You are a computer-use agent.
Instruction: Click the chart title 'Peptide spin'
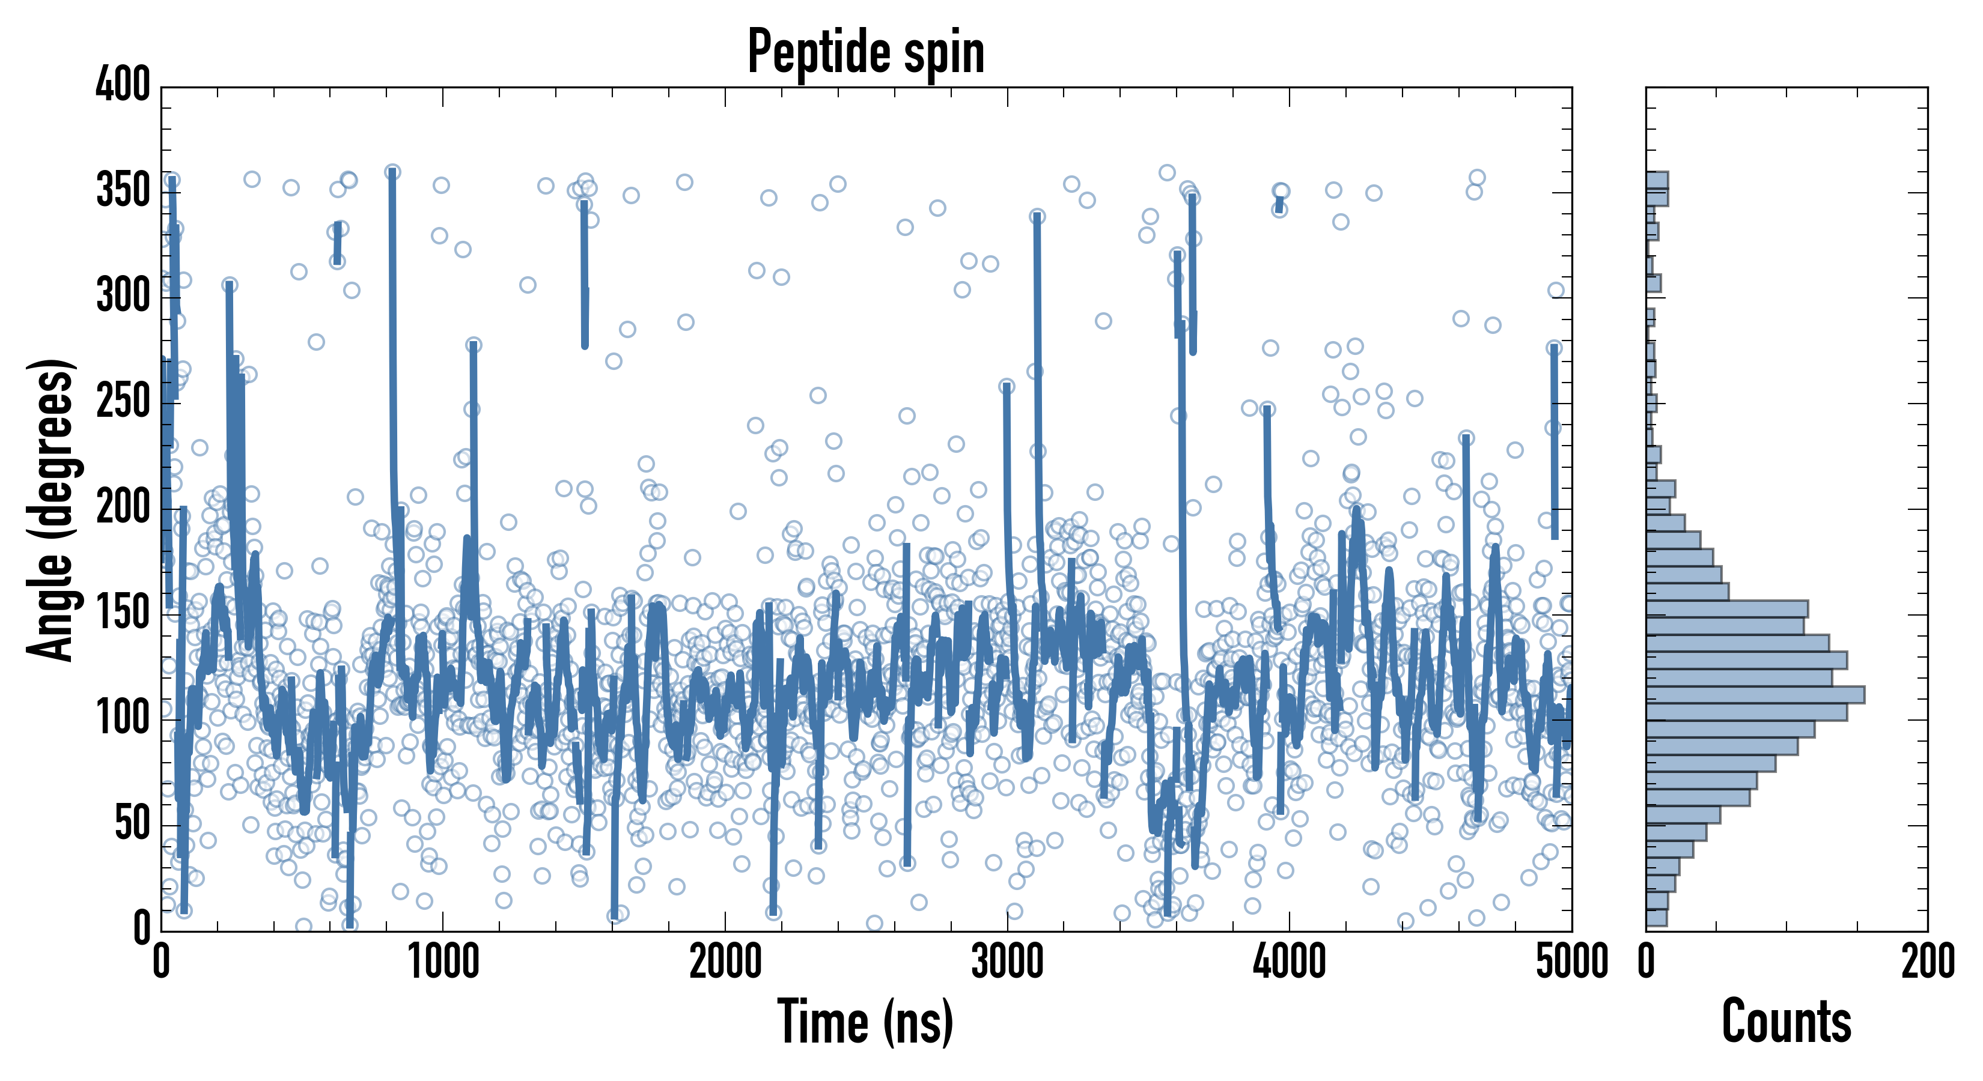point(866,52)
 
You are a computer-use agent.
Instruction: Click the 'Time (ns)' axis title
point(866,1022)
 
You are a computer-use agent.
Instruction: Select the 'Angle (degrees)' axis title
point(51,509)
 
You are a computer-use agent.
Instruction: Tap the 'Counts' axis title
point(1786,1022)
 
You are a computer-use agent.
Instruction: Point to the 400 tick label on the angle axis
point(123,85)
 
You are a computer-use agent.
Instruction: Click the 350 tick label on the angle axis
point(123,191)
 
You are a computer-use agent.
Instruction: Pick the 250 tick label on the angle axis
point(123,402)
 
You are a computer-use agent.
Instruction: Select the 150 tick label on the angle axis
point(123,613)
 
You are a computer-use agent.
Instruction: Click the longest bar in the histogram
point(1755,695)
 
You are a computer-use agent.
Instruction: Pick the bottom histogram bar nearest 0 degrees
point(1656,918)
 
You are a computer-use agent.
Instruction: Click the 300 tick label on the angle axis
point(123,296)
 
